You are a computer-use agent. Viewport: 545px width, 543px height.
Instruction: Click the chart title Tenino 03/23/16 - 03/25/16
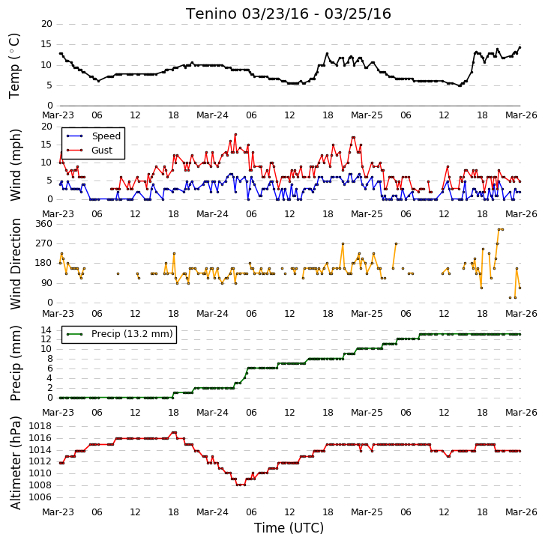(x=288, y=14)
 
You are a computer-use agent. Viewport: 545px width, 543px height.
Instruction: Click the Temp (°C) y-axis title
(x=14, y=66)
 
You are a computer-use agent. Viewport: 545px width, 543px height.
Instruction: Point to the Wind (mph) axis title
(x=15, y=165)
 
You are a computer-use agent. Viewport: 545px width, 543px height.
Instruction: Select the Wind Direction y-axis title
(x=15, y=264)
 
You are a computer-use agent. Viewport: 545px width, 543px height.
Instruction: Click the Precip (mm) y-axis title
(x=15, y=363)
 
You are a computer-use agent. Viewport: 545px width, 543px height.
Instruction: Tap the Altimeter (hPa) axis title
(x=15, y=463)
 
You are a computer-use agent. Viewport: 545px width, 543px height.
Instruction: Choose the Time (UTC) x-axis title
(x=289, y=528)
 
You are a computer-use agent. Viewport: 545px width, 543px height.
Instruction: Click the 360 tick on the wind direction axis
(x=43, y=224)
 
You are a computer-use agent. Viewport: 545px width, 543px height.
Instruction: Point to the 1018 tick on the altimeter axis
(x=40, y=426)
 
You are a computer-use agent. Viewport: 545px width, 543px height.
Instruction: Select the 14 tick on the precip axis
(x=46, y=330)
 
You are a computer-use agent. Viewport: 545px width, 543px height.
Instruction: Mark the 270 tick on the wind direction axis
(x=43, y=243)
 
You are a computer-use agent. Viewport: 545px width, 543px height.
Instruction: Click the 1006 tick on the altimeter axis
(x=40, y=497)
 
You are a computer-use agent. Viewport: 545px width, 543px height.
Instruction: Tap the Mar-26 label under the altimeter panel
(x=521, y=512)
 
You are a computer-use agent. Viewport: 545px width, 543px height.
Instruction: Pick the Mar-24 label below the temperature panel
(x=212, y=115)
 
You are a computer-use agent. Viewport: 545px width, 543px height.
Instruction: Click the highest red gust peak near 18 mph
(x=235, y=134)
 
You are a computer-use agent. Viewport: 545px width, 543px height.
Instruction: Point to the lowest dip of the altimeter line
(x=241, y=485)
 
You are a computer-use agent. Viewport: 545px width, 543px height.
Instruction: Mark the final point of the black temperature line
(x=520, y=48)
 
